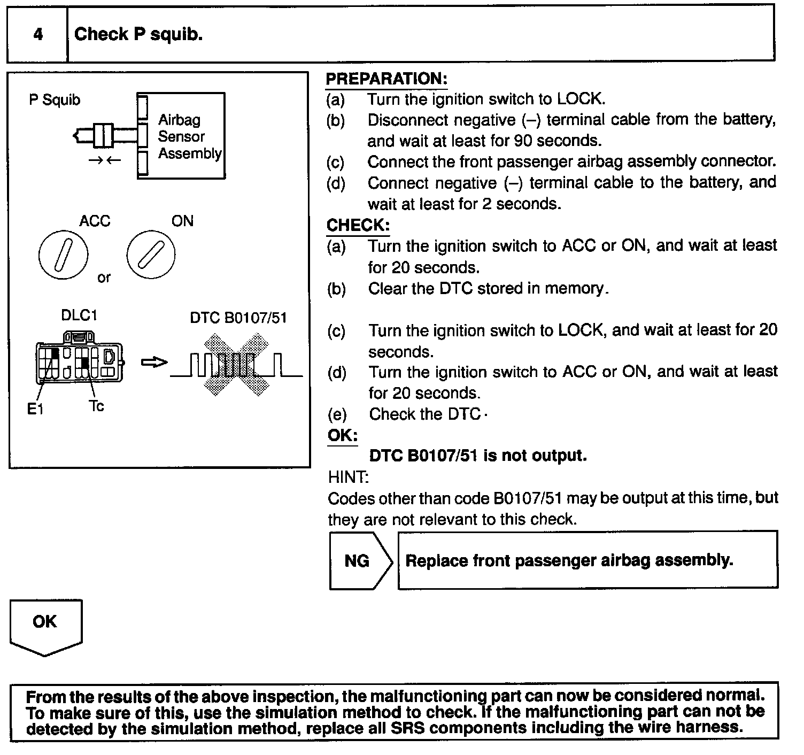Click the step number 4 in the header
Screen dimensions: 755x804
[38, 35]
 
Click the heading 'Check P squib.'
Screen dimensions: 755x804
[138, 35]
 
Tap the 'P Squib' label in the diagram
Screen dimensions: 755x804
[55, 100]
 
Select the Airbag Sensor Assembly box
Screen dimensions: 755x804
[181, 136]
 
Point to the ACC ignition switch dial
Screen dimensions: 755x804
[63, 255]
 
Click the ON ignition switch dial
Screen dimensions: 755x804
[151, 255]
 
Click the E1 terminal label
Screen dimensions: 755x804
[35, 409]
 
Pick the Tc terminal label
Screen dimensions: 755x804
[96, 406]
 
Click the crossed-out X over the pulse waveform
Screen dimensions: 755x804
[236, 365]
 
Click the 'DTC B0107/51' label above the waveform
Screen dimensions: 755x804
[238, 318]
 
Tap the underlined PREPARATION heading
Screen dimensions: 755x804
[386, 79]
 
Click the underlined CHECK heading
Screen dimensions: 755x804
[358, 225]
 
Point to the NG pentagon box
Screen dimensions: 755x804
[358, 560]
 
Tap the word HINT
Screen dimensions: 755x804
[347, 476]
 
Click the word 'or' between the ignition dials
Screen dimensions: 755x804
[104, 278]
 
